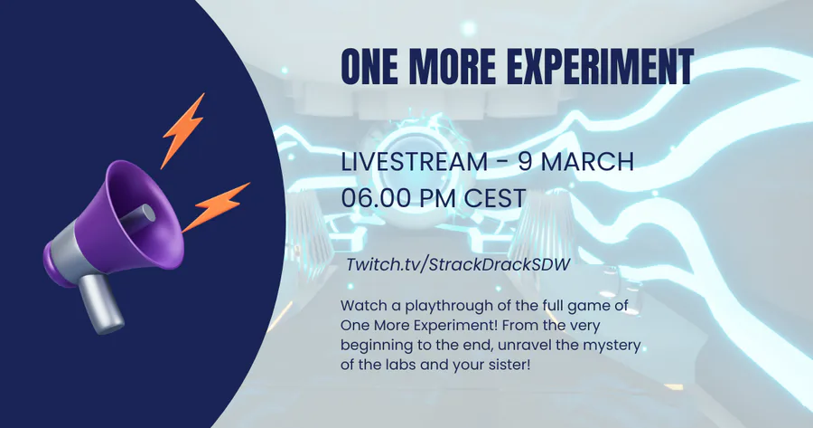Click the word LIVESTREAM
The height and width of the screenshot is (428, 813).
click(414, 162)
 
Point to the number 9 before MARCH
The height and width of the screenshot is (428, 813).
click(525, 162)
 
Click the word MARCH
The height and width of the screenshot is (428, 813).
click(588, 162)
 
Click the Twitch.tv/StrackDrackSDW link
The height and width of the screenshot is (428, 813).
click(458, 264)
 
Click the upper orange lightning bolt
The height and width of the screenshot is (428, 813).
click(182, 130)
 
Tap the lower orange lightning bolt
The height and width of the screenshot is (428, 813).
click(216, 207)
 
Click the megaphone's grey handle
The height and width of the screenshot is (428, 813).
click(101, 304)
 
